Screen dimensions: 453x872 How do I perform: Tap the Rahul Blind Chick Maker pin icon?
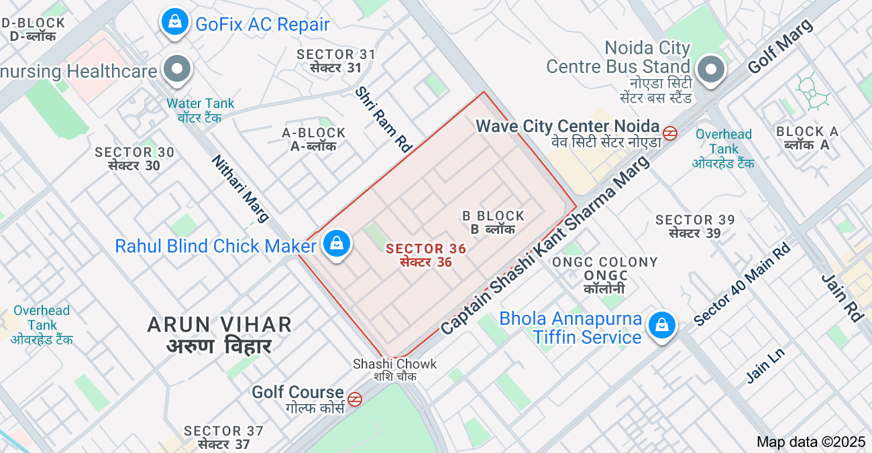point(336,245)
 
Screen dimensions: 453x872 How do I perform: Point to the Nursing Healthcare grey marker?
point(178,69)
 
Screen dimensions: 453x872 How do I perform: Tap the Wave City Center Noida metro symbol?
point(669,133)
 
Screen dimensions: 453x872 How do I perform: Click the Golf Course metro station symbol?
point(355,399)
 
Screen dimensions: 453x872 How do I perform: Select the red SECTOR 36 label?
point(425,255)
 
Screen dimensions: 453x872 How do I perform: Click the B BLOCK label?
point(493,222)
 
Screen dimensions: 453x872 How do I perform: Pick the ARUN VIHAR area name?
point(219,334)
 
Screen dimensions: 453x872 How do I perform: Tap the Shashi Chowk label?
point(395,369)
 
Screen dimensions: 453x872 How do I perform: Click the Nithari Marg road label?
point(240,188)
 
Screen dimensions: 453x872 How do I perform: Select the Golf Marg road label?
point(779,46)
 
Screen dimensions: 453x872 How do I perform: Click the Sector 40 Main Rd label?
point(742,284)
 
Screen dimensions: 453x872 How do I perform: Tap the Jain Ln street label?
point(765,365)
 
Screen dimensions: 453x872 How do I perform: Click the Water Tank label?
point(201,110)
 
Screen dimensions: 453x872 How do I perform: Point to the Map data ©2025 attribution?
point(811,442)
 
